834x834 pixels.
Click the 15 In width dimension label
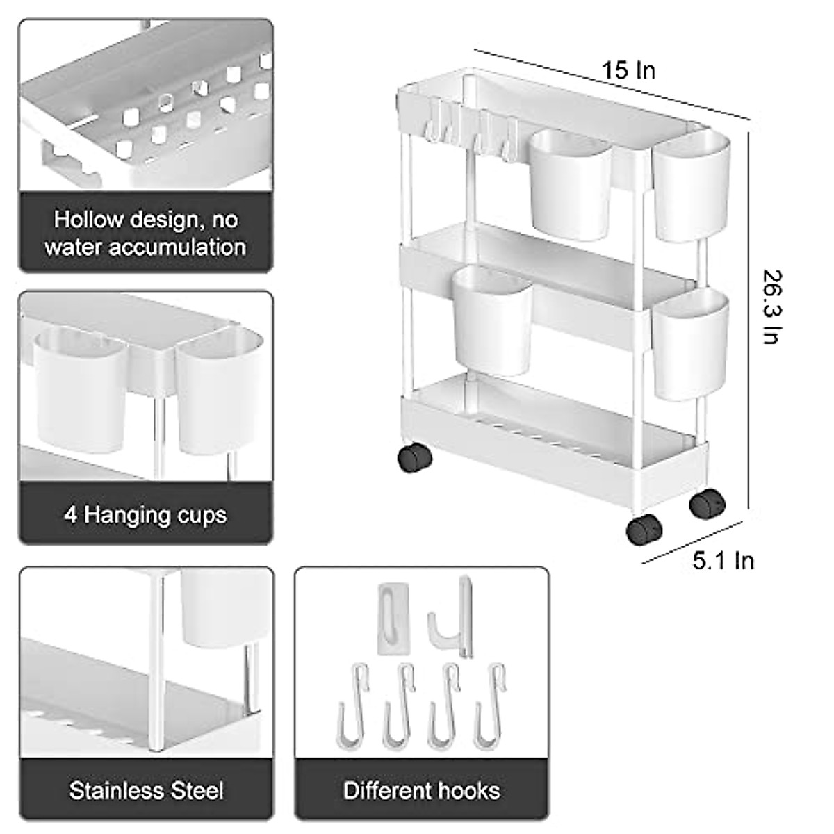pyautogui.click(x=628, y=70)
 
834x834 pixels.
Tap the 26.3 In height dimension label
pyautogui.click(x=771, y=306)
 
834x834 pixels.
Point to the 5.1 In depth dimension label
pyautogui.click(x=723, y=560)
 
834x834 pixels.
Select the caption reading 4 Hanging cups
pyautogui.click(x=145, y=515)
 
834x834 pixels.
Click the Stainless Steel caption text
pyautogui.click(x=146, y=790)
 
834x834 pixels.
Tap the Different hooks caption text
pyautogui.click(x=422, y=790)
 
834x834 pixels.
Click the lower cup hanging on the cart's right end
pyautogui.click(x=691, y=344)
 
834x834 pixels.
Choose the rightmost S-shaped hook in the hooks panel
pyautogui.click(x=489, y=705)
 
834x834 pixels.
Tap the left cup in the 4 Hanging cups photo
pyautogui.click(x=79, y=390)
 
